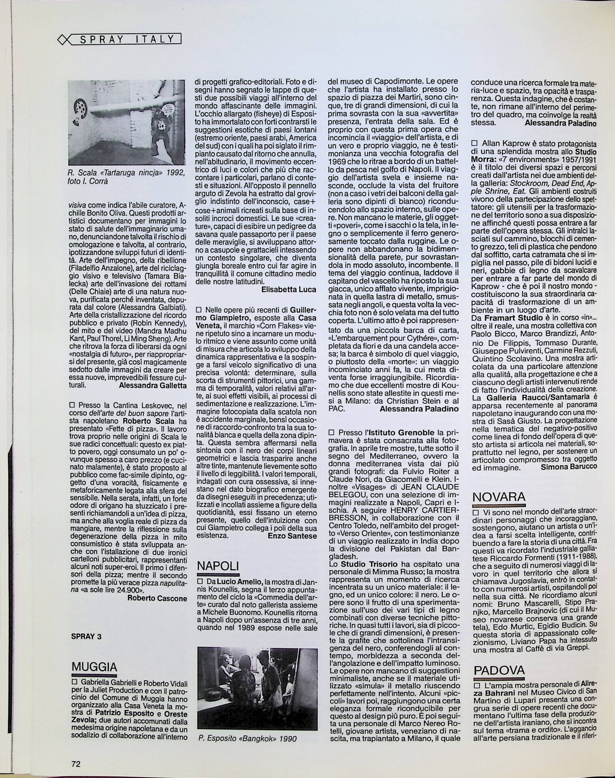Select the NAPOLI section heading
click(217, 566)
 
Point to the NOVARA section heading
click(499, 496)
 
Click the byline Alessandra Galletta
click(153, 385)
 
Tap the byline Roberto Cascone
click(157, 598)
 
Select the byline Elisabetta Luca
click(289, 289)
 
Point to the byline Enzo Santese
click(292, 535)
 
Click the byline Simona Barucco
click(569, 467)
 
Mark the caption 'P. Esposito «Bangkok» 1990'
click(247, 738)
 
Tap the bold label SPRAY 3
click(86, 636)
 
